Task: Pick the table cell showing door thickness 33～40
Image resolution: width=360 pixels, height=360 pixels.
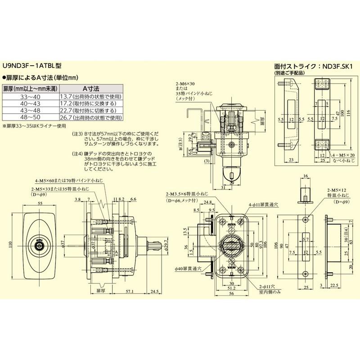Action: [31, 96]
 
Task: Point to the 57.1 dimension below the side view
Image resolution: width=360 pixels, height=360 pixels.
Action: [131, 292]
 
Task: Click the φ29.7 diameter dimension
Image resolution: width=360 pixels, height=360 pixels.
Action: [166, 246]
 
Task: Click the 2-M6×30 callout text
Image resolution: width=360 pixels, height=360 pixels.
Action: [187, 84]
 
